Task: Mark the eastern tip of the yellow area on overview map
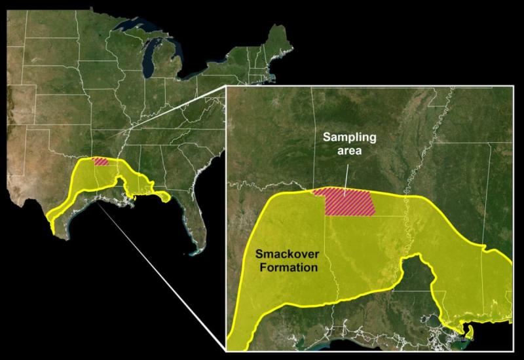click(168, 196)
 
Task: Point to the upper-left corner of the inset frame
click(226, 86)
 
